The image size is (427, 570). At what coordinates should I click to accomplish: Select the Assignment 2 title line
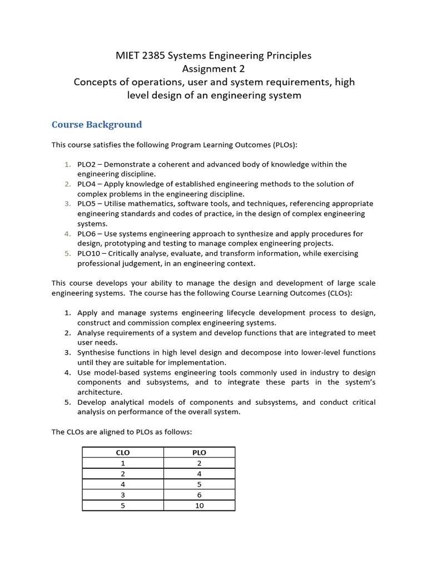click(x=213, y=68)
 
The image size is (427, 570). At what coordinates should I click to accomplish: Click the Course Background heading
click(x=97, y=124)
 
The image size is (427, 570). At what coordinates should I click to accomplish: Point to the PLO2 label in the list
click(x=87, y=164)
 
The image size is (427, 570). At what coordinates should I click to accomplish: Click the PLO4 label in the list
click(x=87, y=184)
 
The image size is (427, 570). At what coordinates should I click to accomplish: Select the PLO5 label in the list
click(x=87, y=204)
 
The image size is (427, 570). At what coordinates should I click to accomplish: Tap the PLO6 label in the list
click(x=87, y=234)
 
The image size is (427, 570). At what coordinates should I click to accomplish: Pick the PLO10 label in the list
click(x=90, y=253)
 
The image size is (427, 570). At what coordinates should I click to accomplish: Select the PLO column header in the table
click(x=199, y=453)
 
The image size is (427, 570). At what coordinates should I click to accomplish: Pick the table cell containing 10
click(x=199, y=505)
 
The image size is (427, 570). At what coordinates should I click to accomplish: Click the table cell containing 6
click(x=199, y=495)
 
